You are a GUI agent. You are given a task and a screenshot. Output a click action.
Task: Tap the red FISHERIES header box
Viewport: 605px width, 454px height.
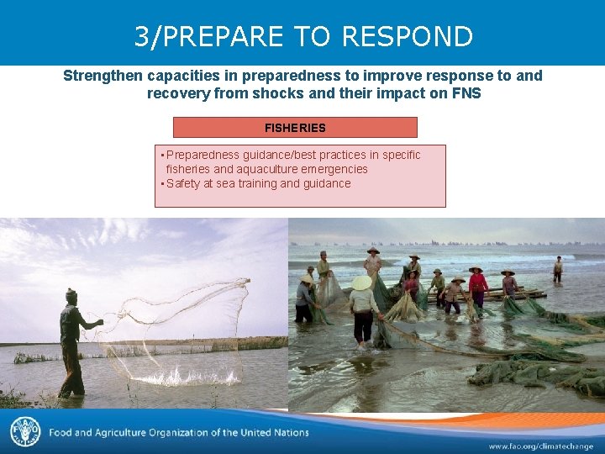coord(295,128)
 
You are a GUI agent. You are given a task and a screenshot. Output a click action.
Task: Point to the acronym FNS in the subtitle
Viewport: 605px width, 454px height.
coord(466,93)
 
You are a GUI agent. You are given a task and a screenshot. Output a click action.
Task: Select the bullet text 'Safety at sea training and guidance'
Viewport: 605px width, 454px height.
coord(258,183)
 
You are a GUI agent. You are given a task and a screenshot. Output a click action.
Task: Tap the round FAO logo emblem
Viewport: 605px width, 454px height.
coord(25,432)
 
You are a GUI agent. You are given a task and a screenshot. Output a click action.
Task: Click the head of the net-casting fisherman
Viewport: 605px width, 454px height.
coord(71,295)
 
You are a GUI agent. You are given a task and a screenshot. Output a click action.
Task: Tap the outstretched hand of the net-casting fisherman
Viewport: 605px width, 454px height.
coord(100,322)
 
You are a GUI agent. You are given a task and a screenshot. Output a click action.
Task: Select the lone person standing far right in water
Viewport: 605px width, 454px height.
coord(558,270)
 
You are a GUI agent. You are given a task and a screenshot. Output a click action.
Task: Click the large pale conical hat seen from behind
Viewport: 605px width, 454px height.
coord(362,283)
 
